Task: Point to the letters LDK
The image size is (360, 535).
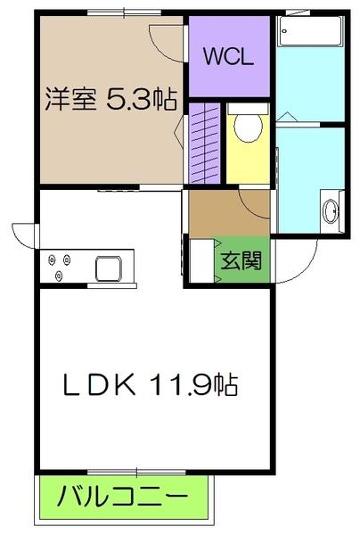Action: tap(98, 385)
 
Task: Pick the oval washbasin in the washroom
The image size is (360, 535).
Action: tap(331, 212)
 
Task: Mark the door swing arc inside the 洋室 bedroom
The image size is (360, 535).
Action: tap(166, 40)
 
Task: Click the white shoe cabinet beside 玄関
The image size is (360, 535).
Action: tap(200, 259)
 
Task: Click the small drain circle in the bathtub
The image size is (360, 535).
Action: tap(286, 32)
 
